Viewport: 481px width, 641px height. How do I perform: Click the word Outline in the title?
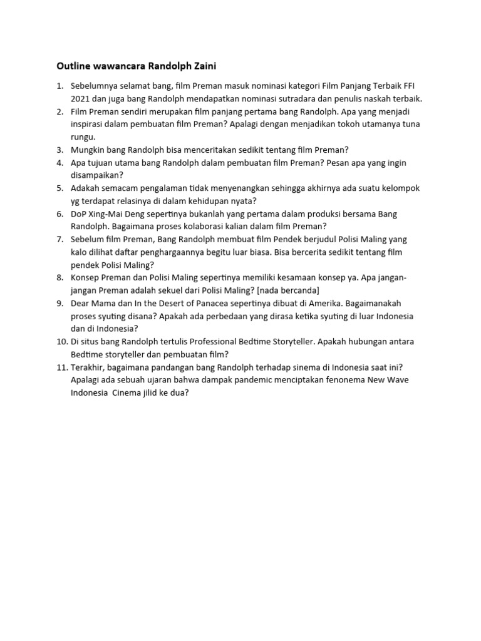click(73, 65)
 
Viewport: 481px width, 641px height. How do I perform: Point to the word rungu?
click(83, 136)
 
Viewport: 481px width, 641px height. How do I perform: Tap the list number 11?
click(61, 367)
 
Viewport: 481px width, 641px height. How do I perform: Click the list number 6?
click(60, 213)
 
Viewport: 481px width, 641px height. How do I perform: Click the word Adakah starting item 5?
click(86, 188)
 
